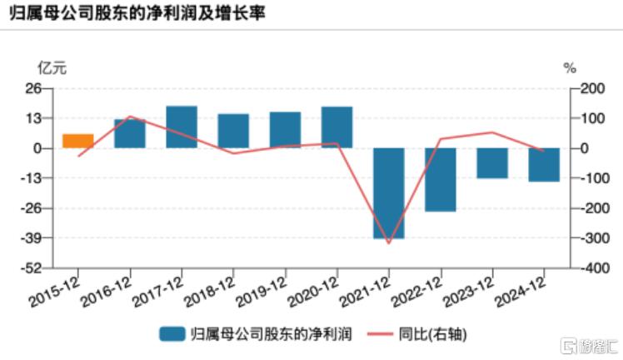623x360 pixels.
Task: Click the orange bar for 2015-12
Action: [77, 141]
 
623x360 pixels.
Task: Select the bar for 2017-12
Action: [182, 127]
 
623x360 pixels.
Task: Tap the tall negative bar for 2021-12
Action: [389, 192]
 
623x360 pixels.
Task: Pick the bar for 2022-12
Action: [441, 179]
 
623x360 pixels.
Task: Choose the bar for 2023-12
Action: [492, 162]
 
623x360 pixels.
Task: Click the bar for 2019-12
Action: [285, 130]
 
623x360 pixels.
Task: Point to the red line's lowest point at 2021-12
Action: [389, 243]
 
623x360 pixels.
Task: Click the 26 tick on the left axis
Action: [35, 88]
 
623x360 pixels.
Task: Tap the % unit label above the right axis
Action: [570, 68]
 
